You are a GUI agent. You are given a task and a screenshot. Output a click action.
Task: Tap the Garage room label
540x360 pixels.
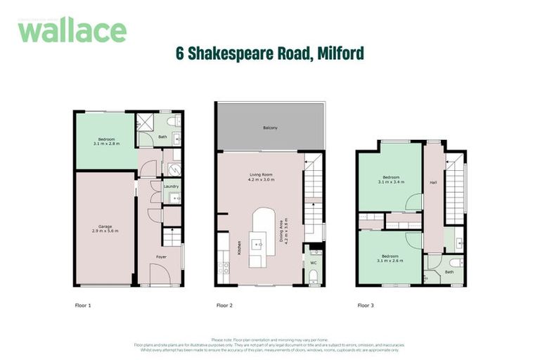105,226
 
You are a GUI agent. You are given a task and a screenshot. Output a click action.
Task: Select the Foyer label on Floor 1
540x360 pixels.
161,257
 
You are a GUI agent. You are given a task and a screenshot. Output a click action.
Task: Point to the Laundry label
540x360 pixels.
171,187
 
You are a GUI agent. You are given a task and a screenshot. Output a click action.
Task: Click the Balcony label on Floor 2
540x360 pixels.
270,127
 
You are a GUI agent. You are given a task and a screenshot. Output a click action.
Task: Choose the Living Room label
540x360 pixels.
261,175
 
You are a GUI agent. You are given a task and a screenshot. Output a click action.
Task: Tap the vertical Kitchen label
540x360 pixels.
239,247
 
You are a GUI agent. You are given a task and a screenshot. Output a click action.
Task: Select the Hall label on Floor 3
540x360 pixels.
434,184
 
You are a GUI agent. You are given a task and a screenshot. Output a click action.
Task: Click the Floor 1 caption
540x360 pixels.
83,306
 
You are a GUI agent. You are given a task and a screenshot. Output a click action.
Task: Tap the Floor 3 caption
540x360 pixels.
366,306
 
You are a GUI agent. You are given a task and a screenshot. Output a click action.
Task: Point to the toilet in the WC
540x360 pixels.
314,275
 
